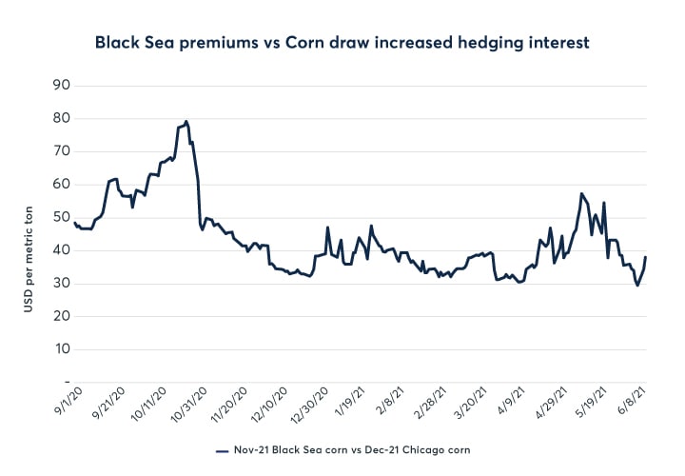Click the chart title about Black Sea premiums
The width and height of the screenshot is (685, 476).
[x=342, y=42]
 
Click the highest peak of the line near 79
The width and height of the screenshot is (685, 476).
[x=186, y=121]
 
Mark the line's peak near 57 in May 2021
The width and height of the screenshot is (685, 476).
[x=581, y=193]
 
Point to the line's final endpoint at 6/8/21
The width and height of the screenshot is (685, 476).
[x=646, y=257]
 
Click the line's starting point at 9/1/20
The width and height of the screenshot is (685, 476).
[x=74, y=223]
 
